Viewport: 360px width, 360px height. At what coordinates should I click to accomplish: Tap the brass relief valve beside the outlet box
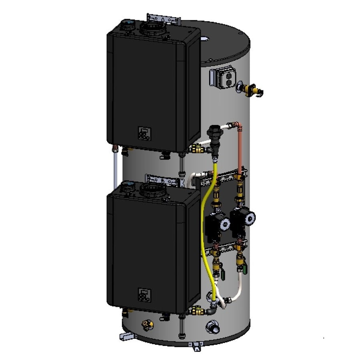(x=252, y=89)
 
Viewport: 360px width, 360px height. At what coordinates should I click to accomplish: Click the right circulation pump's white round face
(x=249, y=217)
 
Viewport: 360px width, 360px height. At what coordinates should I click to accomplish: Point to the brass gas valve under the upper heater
(x=196, y=149)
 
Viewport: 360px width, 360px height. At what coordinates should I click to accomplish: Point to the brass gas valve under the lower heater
(x=196, y=310)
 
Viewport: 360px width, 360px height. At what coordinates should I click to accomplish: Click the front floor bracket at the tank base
(x=195, y=345)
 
